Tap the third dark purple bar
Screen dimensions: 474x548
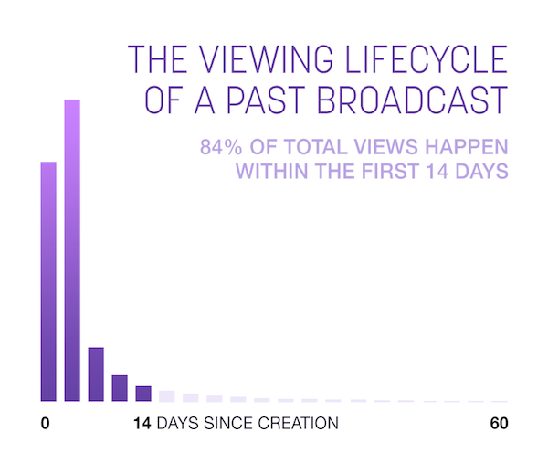[x=96, y=374]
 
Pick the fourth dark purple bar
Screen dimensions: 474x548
[x=120, y=388]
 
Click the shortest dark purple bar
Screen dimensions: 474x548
[x=143, y=394]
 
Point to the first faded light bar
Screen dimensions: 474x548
[x=167, y=396]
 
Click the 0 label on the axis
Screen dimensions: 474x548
[x=46, y=424]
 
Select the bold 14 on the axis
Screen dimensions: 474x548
[x=142, y=424]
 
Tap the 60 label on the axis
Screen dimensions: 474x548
[x=498, y=424]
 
